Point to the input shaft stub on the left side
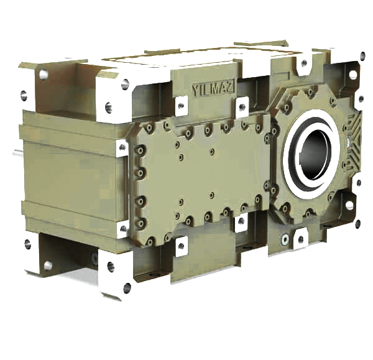pos(18,153)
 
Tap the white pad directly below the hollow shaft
pos(300,236)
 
